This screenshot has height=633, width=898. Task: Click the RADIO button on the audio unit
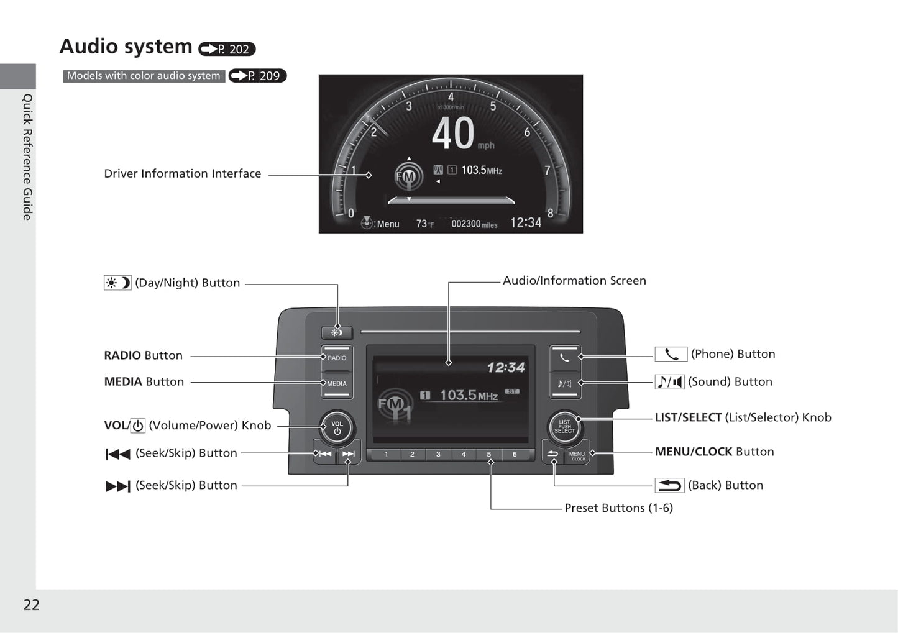pyautogui.click(x=337, y=357)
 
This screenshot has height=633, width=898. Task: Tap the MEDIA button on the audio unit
pyautogui.click(x=337, y=384)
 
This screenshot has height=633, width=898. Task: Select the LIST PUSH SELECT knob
pyautogui.click(x=564, y=427)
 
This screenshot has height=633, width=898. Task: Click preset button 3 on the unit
pyautogui.click(x=438, y=454)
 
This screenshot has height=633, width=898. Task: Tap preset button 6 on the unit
pyautogui.click(x=515, y=454)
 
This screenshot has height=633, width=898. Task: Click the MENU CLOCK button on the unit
pyautogui.click(x=577, y=455)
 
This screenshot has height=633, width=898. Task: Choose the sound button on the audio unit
pyautogui.click(x=564, y=384)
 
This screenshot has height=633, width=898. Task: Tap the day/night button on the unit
pyautogui.click(x=337, y=332)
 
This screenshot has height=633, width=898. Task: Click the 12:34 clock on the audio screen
pyautogui.click(x=506, y=367)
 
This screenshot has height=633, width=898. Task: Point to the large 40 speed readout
pyautogui.click(x=453, y=134)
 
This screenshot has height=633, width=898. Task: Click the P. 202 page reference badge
pyautogui.click(x=227, y=49)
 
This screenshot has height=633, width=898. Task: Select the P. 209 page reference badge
pyautogui.click(x=257, y=76)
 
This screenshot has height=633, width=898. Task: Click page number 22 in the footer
pyautogui.click(x=32, y=604)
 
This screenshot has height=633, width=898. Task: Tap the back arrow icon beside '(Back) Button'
pyautogui.click(x=669, y=486)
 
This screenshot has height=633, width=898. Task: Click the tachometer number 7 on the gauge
pyautogui.click(x=548, y=171)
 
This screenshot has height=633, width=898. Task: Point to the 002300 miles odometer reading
pyautogui.click(x=474, y=224)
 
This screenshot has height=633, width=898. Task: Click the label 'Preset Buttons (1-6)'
pyautogui.click(x=618, y=508)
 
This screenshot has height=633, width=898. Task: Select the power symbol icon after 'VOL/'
pyautogui.click(x=138, y=426)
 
